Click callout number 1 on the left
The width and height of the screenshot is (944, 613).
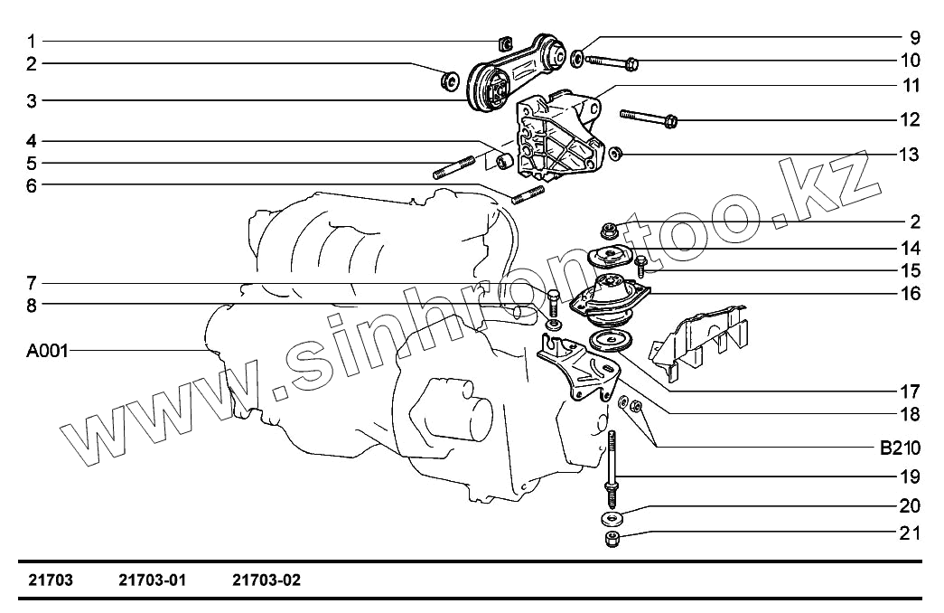tap(32, 42)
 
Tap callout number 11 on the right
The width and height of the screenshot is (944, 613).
tap(911, 86)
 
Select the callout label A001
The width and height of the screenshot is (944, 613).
tap(48, 350)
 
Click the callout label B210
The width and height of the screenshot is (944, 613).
tap(900, 448)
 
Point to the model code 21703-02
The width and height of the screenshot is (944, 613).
tap(266, 580)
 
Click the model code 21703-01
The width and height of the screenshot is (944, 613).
tap(153, 580)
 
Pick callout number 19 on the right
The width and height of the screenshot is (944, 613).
tap(911, 476)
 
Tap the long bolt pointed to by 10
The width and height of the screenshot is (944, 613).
tap(611, 62)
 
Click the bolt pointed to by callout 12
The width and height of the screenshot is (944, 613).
tap(649, 118)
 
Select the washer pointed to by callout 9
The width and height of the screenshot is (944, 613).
tap(576, 58)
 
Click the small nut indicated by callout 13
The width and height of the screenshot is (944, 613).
tap(615, 154)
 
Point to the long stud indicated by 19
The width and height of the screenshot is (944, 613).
tap(612, 469)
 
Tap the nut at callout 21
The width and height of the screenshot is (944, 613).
tap(612, 538)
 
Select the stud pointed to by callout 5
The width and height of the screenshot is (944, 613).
tap(454, 167)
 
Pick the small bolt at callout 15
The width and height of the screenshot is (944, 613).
tap(641, 265)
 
